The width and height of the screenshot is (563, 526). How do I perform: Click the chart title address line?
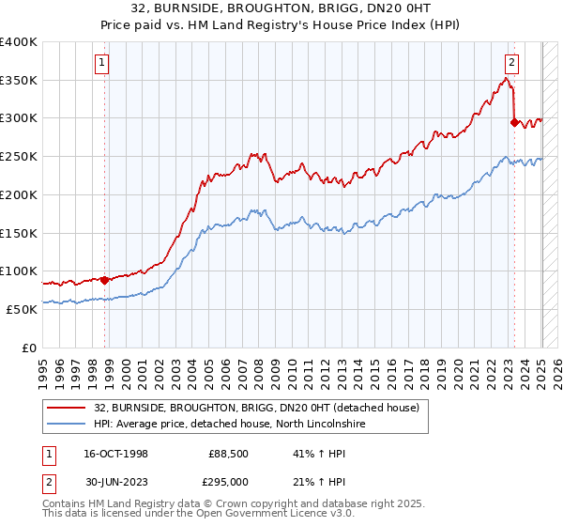[281, 8]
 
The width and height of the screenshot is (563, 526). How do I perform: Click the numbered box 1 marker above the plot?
[101, 64]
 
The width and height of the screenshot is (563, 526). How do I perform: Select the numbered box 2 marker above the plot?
[511, 64]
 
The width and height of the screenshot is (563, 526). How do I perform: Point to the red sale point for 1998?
[104, 279]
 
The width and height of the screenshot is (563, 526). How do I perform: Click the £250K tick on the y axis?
[19, 156]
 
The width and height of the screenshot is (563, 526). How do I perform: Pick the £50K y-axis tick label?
[21, 308]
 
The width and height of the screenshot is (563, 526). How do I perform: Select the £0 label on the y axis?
[29, 347]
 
